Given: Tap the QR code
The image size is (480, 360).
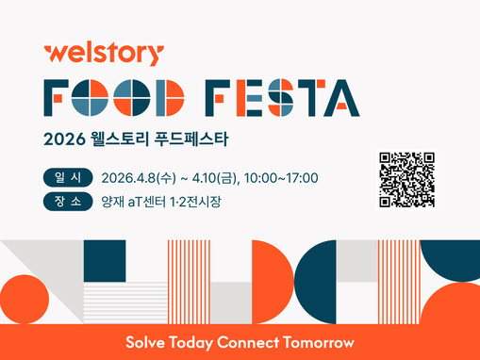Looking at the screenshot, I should (x=407, y=179).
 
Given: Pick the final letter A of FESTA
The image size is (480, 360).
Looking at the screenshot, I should (x=342, y=97).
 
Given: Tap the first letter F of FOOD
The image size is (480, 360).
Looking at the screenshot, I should (x=58, y=97).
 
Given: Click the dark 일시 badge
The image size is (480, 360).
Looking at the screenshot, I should (x=67, y=178).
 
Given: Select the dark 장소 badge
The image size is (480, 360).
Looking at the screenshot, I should (x=67, y=201).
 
